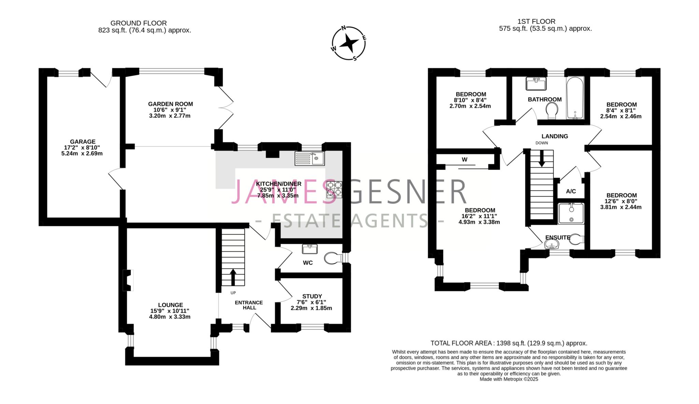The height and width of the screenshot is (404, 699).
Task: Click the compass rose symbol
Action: click(349, 43)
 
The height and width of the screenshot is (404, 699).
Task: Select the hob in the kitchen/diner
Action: click(334, 189)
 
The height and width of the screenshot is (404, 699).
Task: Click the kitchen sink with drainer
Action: click(310, 158)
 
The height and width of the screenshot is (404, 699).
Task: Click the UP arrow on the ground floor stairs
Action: click(233, 277)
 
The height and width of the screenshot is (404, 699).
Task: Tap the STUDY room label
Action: click(312, 296)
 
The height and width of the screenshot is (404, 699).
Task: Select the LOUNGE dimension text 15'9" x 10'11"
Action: click(170, 311)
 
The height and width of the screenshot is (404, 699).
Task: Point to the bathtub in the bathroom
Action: click(575, 98)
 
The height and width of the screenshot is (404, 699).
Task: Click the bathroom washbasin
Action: click(536, 84)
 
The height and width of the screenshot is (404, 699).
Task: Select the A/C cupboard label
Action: click(571, 191)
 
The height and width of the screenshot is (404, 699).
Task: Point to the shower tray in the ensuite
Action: click(571, 214)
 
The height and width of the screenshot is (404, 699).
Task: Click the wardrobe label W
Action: click(465, 159)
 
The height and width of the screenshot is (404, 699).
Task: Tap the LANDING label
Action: click(555, 136)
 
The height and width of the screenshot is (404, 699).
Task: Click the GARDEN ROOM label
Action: click(170, 104)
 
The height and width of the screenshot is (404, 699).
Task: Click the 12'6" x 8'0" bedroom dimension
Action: click(620, 201)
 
